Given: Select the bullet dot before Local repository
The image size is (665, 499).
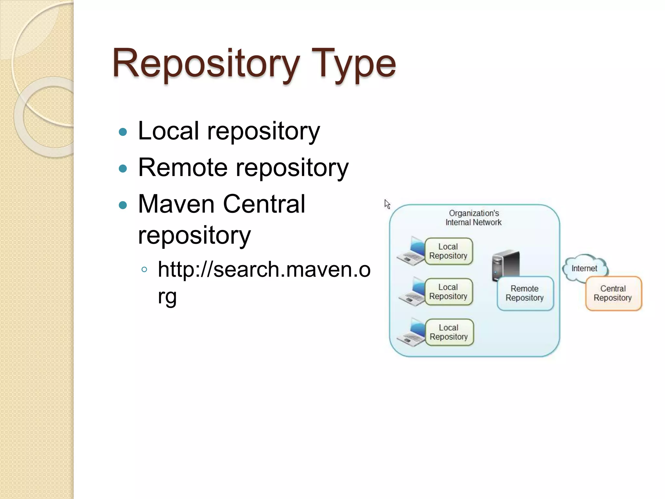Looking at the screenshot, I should pos(123,132).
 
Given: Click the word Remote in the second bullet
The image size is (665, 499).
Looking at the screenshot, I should pos(183,168).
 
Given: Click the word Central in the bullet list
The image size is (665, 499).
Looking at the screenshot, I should pos(264,204).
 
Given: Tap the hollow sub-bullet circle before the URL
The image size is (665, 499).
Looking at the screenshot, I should pos(144,270).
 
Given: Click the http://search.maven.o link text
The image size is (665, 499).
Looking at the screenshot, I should pos(264,270).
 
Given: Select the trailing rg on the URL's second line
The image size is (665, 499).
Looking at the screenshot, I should pos(167,296).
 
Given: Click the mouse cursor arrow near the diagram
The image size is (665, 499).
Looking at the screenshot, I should pos(387,204).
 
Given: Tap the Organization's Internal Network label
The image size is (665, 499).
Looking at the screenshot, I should pos(473,218).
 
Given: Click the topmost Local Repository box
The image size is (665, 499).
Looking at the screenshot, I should pos(448,251).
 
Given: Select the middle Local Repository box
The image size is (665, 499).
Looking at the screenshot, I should pos(448,292).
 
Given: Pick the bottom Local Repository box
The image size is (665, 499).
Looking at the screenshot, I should pos(449,332).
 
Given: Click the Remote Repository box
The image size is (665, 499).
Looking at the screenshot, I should pos(525,293).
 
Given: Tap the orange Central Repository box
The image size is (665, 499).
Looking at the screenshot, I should pos(613,293).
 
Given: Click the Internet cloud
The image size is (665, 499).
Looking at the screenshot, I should pos(584,268).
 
